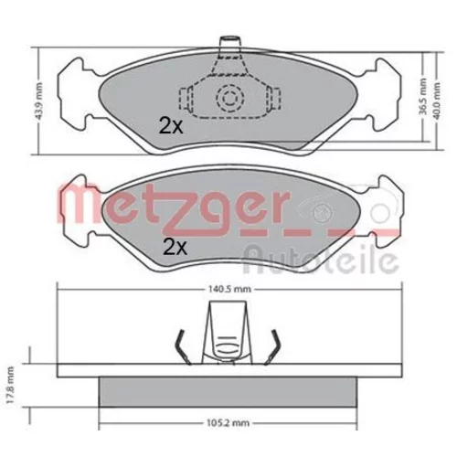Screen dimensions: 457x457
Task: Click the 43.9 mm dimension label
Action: (39, 101)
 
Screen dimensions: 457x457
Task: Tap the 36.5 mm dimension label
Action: (423, 97)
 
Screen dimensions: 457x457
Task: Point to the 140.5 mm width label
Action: (229, 289)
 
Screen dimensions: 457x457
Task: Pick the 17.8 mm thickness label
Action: (11, 386)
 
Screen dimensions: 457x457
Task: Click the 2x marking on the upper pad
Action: (171, 126)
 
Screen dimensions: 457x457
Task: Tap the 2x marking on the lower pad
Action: (175, 247)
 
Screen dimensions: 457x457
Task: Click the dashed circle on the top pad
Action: (230, 99)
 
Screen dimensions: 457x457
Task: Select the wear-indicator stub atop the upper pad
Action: (229, 42)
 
